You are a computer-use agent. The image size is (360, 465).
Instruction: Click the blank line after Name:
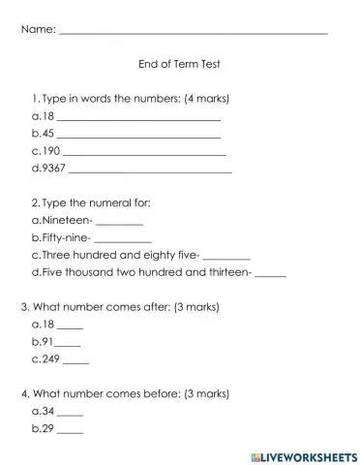pyautogui.click(x=194, y=32)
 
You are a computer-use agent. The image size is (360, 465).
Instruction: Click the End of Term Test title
pyautogui.click(x=180, y=68)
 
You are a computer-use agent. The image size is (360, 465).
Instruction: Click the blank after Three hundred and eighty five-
pyautogui.click(x=227, y=258)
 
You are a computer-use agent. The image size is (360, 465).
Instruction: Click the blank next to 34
pyautogui.click(x=70, y=414)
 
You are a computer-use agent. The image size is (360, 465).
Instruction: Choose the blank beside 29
pyautogui.click(x=70, y=431)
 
